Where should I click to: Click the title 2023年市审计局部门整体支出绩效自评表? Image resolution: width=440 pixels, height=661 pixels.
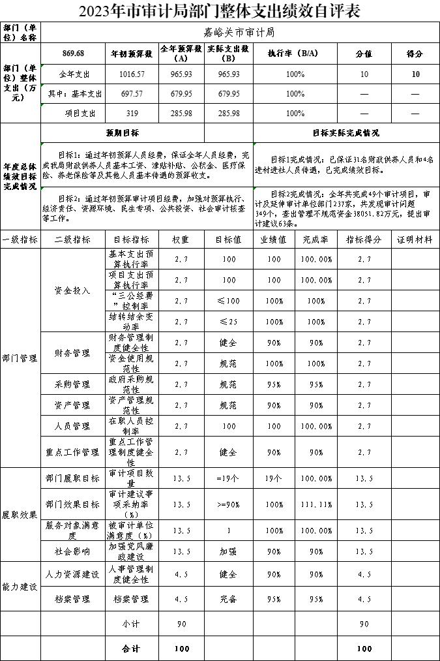click(x=220, y=11)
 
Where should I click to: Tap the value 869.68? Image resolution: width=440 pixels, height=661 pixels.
click(x=73, y=54)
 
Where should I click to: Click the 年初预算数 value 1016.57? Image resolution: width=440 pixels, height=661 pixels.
click(x=132, y=74)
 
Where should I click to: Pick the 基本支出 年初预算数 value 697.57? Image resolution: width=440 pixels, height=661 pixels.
click(x=132, y=94)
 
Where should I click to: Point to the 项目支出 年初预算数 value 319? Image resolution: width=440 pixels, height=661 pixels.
click(x=132, y=114)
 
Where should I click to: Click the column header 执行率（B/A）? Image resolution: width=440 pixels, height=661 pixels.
click(x=295, y=54)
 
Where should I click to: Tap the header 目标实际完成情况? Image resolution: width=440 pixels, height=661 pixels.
click(x=345, y=132)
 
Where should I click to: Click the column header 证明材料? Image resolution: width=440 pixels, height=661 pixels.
click(x=415, y=239)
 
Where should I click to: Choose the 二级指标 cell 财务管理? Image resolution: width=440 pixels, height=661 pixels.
click(x=72, y=353)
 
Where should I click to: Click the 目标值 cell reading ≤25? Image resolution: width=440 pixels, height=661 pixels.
click(x=228, y=322)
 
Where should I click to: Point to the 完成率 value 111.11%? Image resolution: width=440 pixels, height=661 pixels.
click(x=316, y=504)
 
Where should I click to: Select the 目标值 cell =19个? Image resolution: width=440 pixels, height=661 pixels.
click(x=228, y=478)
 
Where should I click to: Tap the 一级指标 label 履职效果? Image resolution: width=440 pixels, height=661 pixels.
click(x=20, y=514)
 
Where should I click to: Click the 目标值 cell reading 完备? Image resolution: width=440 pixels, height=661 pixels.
click(x=228, y=598)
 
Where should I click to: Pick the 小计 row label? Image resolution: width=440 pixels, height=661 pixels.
click(x=131, y=624)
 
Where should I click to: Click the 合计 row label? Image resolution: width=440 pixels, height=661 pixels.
click(x=131, y=649)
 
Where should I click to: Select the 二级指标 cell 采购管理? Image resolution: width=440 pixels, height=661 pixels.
click(x=72, y=384)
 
